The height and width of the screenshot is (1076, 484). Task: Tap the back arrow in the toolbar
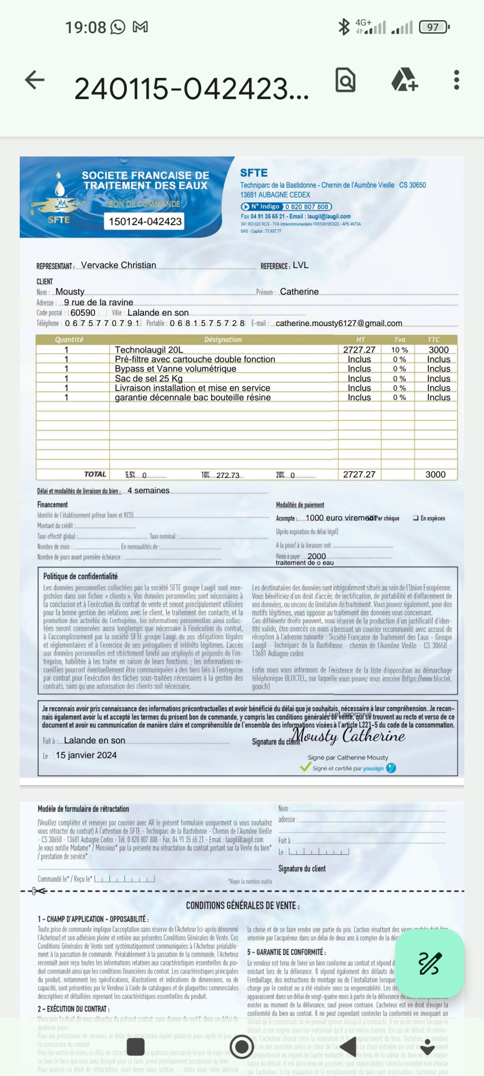point(35,80)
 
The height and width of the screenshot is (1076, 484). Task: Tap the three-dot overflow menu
point(456,80)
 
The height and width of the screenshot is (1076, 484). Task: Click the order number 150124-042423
point(145,221)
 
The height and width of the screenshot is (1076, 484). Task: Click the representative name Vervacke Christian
point(119,265)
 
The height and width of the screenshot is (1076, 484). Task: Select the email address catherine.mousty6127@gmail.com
point(339,323)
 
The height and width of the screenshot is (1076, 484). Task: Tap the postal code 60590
point(83,312)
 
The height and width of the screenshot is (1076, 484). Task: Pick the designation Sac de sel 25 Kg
point(149,378)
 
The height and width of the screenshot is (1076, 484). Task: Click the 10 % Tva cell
point(399,350)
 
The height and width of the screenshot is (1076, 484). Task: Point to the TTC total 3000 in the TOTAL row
point(435,475)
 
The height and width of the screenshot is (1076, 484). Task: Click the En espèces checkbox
point(416,518)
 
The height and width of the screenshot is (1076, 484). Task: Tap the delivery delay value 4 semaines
point(148,490)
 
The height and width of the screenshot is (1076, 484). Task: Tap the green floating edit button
point(429,963)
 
